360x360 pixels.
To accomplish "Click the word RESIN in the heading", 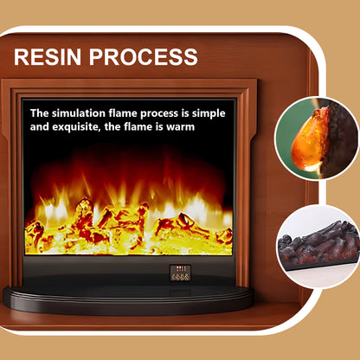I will tap(49, 58).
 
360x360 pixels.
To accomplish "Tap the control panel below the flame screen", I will tap(181, 272).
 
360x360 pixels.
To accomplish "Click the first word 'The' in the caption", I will tap(40, 112).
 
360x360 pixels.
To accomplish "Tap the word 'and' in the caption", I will tap(41, 126).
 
